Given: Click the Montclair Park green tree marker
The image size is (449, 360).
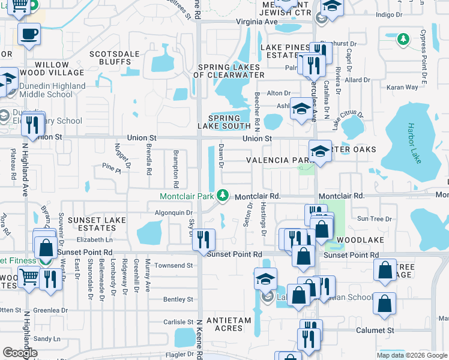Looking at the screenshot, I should (x=223, y=195).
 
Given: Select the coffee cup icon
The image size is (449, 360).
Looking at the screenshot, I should (x=29, y=34).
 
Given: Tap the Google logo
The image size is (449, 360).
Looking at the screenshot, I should (x=20, y=352).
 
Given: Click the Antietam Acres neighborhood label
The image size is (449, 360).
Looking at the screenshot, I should (x=228, y=325).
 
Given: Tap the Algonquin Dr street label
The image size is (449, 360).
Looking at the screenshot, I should (x=173, y=212).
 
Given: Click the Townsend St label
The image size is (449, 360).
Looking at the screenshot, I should (x=174, y=265).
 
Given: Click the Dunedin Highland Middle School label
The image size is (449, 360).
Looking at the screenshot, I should (x=52, y=90).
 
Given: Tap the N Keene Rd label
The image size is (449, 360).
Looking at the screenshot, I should (x=200, y=339).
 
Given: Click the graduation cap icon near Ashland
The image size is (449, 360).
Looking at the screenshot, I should (x=301, y=110).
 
